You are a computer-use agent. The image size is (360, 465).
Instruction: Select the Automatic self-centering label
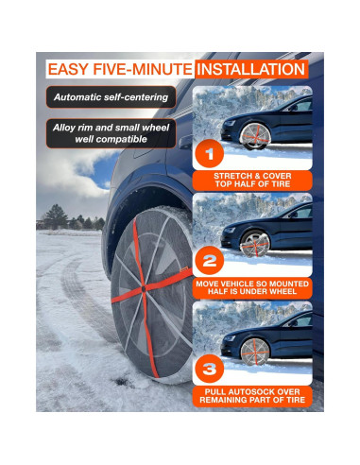(111, 97)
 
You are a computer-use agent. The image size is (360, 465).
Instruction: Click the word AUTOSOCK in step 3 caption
(258, 389)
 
